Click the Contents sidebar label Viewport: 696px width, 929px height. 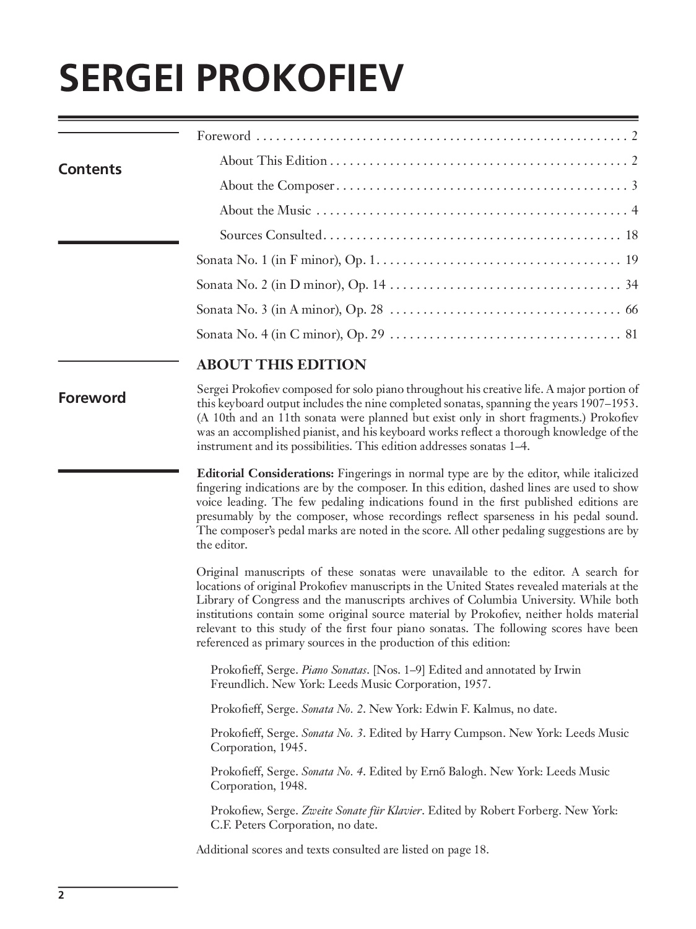click(x=90, y=169)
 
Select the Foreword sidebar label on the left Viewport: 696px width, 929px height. click(x=92, y=398)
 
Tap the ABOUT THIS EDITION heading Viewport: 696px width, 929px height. click(x=281, y=364)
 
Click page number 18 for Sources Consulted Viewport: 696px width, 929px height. click(x=632, y=235)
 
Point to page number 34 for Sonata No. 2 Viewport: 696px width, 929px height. click(x=632, y=284)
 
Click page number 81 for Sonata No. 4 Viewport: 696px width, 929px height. click(x=632, y=334)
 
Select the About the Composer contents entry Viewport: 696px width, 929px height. click(x=277, y=185)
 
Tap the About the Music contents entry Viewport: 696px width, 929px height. click(x=265, y=210)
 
